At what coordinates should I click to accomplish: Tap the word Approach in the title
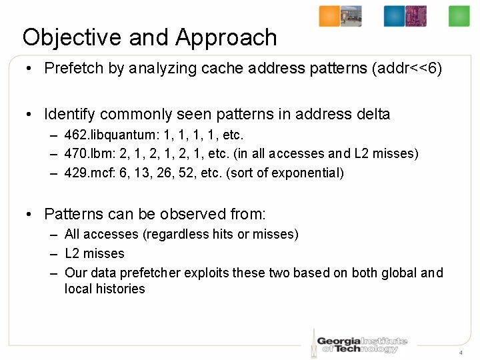coord(226,37)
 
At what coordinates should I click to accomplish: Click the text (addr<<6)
coord(407,68)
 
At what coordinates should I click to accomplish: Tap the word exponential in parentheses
coord(309,173)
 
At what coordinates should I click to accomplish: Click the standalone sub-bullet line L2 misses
coord(94,253)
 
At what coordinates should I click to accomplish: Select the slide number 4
coord(460,352)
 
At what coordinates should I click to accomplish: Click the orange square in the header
coord(329,16)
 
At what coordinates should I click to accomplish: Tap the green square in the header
coord(459,16)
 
